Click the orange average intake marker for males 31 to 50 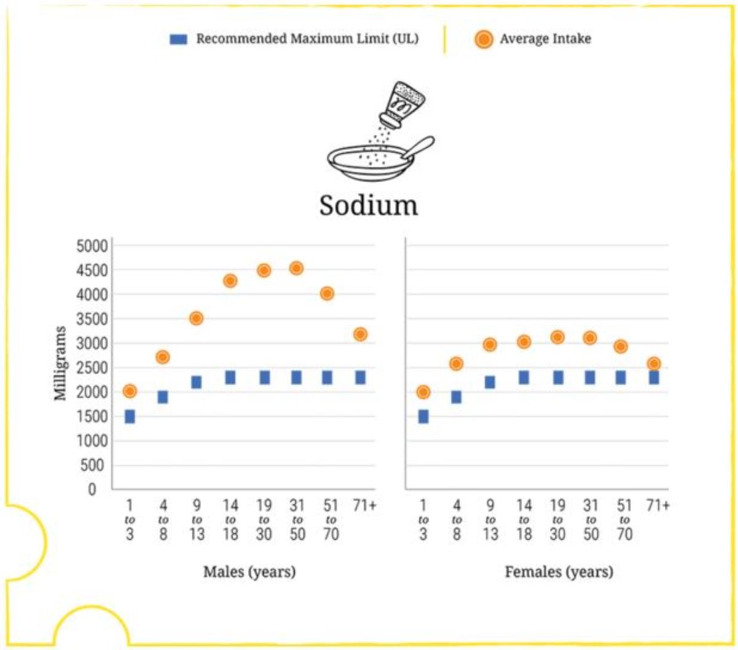click(296, 268)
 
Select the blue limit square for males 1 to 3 click(130, 417)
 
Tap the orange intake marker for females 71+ click(654, 364)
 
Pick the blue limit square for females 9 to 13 click(490, 382)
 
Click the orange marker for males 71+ click(360, 334)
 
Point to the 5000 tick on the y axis click(92, 246)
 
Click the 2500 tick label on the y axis click(92, 368)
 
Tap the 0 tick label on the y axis click(92, 489)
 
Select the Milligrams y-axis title click(60, 363)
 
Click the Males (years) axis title click(249, 572)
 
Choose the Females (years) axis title click(558, 572)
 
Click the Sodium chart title click(368, 205)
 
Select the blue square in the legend click(178, 39)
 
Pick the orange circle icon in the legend click(484, 39)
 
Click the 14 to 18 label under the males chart click(230, 520)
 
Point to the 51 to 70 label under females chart click(624, 520)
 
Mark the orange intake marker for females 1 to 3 click(423, 392)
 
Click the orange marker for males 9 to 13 click(196, 318)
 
